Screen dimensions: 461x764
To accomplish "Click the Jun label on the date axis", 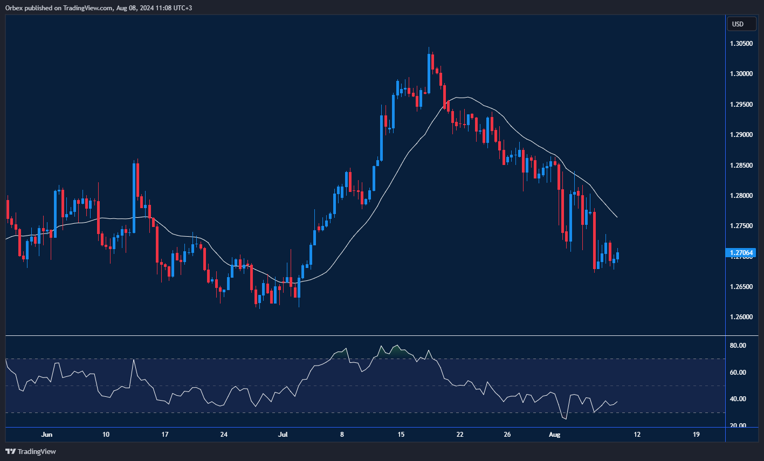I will point(47,435).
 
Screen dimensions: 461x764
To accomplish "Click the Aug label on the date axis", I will point(554,435).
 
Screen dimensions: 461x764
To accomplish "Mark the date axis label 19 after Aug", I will point(696,435).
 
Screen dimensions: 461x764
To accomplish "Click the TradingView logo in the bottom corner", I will point(31,451).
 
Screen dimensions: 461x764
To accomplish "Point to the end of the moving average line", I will point(617,217).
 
